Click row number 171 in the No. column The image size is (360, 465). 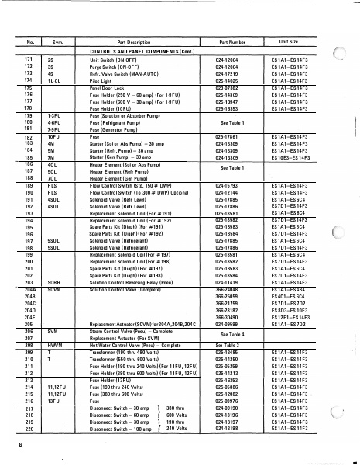[x=29, y=60]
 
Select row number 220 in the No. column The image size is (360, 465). [x=29, y=428]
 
